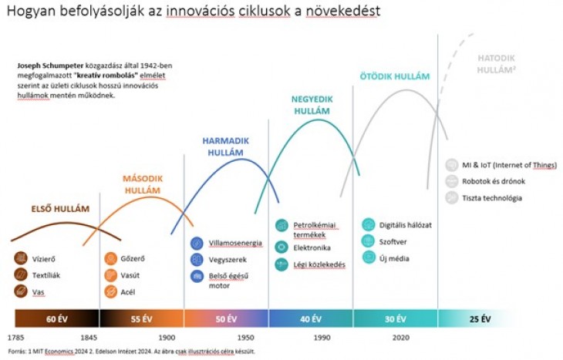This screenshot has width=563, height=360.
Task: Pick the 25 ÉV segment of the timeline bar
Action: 480,318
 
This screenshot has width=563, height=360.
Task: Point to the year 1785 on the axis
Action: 15,338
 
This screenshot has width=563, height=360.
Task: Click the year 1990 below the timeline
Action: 322,338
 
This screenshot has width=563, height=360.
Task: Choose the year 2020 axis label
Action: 401,338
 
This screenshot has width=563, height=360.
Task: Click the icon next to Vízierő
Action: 21,259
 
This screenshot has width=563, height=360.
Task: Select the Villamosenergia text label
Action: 235,243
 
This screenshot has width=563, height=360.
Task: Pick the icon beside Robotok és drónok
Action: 452,181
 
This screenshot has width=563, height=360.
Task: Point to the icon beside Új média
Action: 368,257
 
